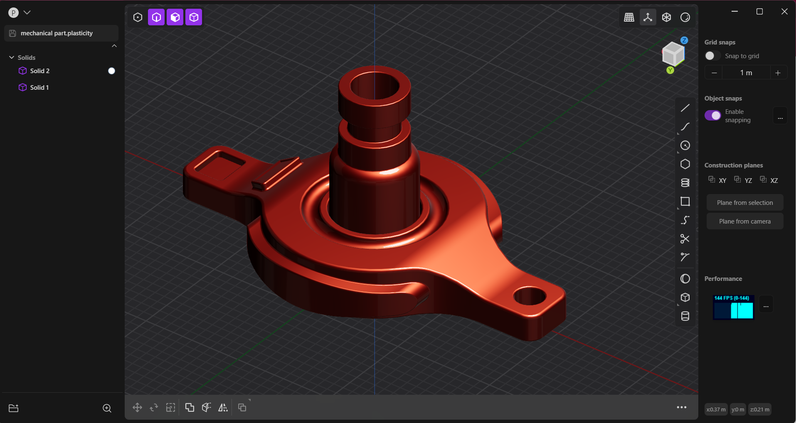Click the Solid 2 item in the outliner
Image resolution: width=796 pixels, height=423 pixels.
tap(39, 71)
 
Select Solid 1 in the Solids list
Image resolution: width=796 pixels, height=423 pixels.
tap(39, 88)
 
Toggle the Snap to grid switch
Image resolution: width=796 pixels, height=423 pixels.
tap(712, 56)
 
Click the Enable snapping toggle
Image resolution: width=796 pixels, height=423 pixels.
tap(712, 116)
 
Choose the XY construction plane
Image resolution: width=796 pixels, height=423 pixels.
tap(718, 180)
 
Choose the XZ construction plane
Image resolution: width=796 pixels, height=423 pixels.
tap(769, 180)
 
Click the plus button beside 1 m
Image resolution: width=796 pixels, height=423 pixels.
tap(778, 73)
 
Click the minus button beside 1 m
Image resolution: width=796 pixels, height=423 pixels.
tap(714, 73)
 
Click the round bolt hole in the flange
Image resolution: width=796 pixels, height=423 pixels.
tap(530, 296)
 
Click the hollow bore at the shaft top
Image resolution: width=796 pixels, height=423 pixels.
tap(375, 86)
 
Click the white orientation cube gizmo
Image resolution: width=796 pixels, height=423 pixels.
tap(673, 54)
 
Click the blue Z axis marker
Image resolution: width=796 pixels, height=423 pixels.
tap(684, 40)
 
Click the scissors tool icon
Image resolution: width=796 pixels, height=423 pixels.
tap(685, 239)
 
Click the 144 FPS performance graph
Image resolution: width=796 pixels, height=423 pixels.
tap(733, 307)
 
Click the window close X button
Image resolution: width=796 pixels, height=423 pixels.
tap(784, 12)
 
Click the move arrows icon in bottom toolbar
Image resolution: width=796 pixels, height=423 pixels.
tap(137, 407)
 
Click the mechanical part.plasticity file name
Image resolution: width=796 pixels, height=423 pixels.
tap(57, 33)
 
